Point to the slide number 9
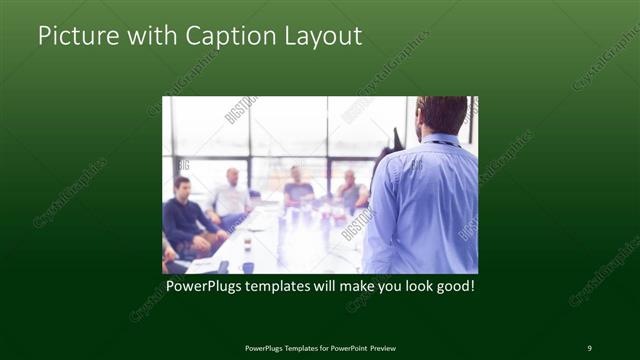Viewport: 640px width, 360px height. [x=589, y=347]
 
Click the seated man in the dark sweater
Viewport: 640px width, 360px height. [x=183, y=214]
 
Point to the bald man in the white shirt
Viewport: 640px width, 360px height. [x=232, y=195]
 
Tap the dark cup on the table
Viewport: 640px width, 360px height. [x=247, y=266]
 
